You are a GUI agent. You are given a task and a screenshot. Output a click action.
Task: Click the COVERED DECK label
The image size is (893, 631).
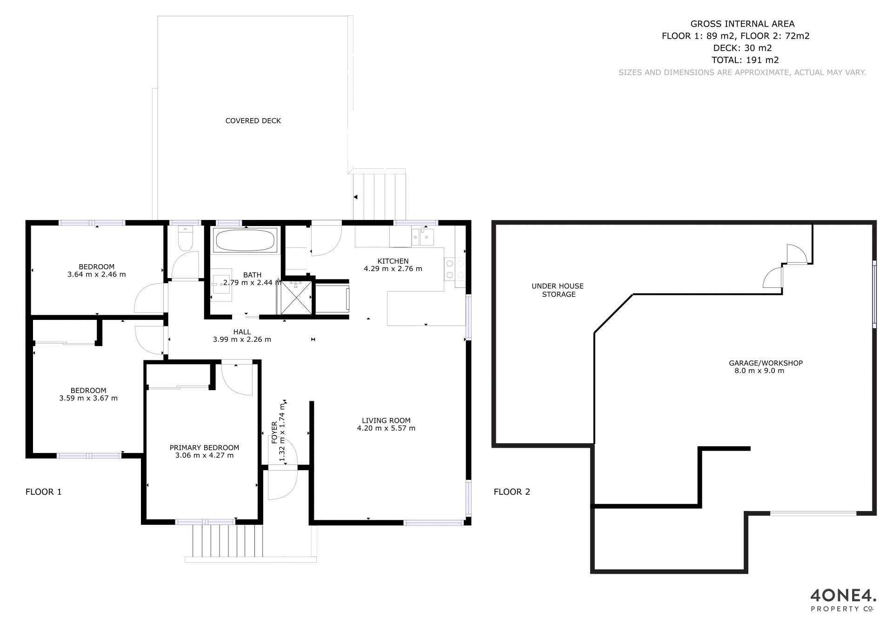pos(253,121)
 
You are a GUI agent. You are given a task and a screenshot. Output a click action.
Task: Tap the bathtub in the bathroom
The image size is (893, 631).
pos(245,240)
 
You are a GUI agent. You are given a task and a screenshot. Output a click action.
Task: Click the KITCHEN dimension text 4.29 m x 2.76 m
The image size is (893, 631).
pos(393,269)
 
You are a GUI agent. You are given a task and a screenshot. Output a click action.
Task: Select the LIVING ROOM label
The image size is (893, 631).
pos(386,420)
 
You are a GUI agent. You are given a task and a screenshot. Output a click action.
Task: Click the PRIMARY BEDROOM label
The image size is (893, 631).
pos(204,448)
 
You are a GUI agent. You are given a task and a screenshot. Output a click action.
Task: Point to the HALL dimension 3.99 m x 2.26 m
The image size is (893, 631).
pos(242,339)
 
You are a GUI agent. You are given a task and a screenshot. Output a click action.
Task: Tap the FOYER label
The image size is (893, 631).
pos(274,432)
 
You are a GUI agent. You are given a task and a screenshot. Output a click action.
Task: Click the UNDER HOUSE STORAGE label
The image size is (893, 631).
pos(558,290)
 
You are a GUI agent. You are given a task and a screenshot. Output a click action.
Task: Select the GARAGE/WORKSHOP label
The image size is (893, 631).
pos(766,363)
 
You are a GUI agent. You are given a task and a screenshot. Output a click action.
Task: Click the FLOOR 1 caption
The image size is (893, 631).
pos(43,492)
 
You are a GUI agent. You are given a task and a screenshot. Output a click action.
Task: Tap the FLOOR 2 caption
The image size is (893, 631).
pos(512,492)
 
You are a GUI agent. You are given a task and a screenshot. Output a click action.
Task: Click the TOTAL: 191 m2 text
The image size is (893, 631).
pos(745,60)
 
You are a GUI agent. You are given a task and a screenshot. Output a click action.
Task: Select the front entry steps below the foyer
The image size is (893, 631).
pos(228,541)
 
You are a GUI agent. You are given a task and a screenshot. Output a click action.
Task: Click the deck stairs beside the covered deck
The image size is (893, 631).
pos(380,196)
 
